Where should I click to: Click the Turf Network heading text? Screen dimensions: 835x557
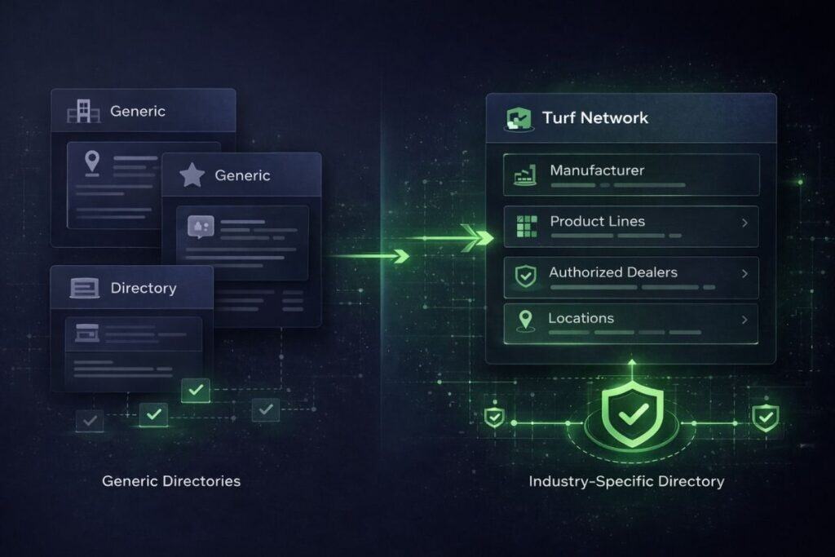point(594,117)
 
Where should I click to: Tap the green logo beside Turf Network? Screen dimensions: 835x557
point(519,119)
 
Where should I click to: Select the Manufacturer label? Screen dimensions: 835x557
point(597,170)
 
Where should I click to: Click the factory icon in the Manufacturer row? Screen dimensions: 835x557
point(525,175)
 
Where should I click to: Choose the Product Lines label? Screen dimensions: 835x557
point(597,221)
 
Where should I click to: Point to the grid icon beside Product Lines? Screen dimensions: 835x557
point(528,226)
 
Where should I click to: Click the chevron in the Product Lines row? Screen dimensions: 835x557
point(745,223)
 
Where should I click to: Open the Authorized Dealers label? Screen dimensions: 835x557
point(613,272)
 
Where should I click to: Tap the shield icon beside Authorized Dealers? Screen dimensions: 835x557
point(526,276)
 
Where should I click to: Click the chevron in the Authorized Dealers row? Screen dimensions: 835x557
point(745,274)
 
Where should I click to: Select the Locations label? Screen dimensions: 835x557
point(581,318)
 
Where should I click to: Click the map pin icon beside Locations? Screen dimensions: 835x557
point(526,320)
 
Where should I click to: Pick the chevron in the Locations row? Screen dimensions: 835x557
point(745,320)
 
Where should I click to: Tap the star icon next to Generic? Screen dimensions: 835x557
point(192,175)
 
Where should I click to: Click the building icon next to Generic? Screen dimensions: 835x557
point(84,111)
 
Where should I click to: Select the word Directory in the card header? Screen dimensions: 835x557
point(144,288)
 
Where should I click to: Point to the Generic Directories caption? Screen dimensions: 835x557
point(171,481)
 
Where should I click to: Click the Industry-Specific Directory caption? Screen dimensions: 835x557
point(626,481)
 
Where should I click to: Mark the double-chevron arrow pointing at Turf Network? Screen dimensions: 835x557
point(478,237)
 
